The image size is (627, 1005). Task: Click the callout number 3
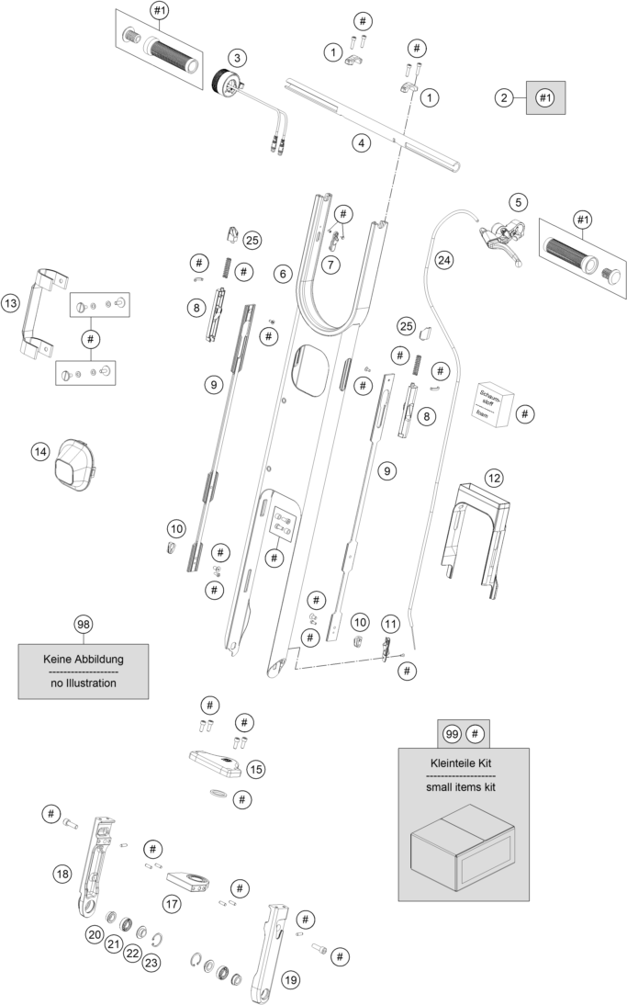click(x=237, y=58)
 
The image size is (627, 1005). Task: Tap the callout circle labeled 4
click(x=362, y=142)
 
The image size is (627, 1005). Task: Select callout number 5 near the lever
click(x=519, y=201)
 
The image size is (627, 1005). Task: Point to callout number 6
click(x=282, y=274)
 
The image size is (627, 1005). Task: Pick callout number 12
click(x=495, y=478)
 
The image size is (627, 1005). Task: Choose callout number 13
click(x=11, y=302)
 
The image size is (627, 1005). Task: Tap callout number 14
click(x=39, y=452)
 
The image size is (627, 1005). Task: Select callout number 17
click(x=171, y=904)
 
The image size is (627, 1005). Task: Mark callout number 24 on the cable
click(x=444, y=260)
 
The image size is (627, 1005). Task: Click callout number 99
click(x=451, y=733)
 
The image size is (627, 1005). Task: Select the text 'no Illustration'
click(x=83, y=683)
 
